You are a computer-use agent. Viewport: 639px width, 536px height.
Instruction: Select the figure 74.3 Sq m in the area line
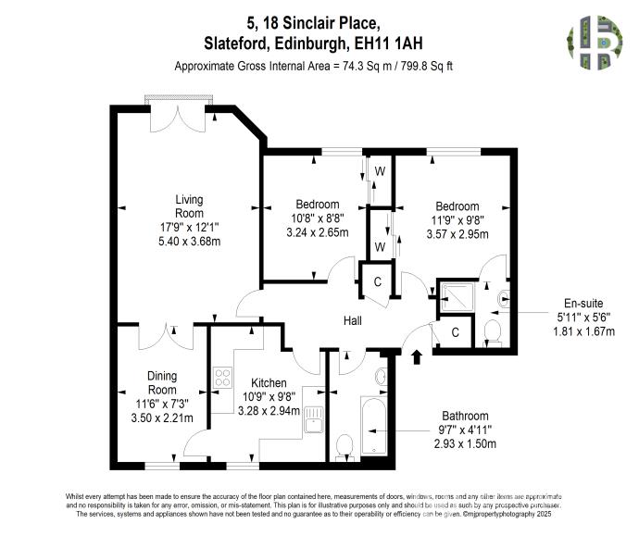point(368,66)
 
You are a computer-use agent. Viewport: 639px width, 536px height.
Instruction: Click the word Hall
point(352,321)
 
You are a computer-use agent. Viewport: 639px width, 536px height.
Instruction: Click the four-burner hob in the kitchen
point(223,377)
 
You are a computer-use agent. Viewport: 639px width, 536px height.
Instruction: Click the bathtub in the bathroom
point(377,427)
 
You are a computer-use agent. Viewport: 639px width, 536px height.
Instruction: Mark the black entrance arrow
point(416,353)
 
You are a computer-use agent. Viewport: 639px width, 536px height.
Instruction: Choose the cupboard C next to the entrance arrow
point(456,332)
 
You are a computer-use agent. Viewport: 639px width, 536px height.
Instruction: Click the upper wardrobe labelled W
point(380,172)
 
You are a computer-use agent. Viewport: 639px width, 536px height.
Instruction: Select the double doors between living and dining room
point(167,333)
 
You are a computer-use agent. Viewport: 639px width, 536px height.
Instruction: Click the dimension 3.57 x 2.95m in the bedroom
point(457,234)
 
